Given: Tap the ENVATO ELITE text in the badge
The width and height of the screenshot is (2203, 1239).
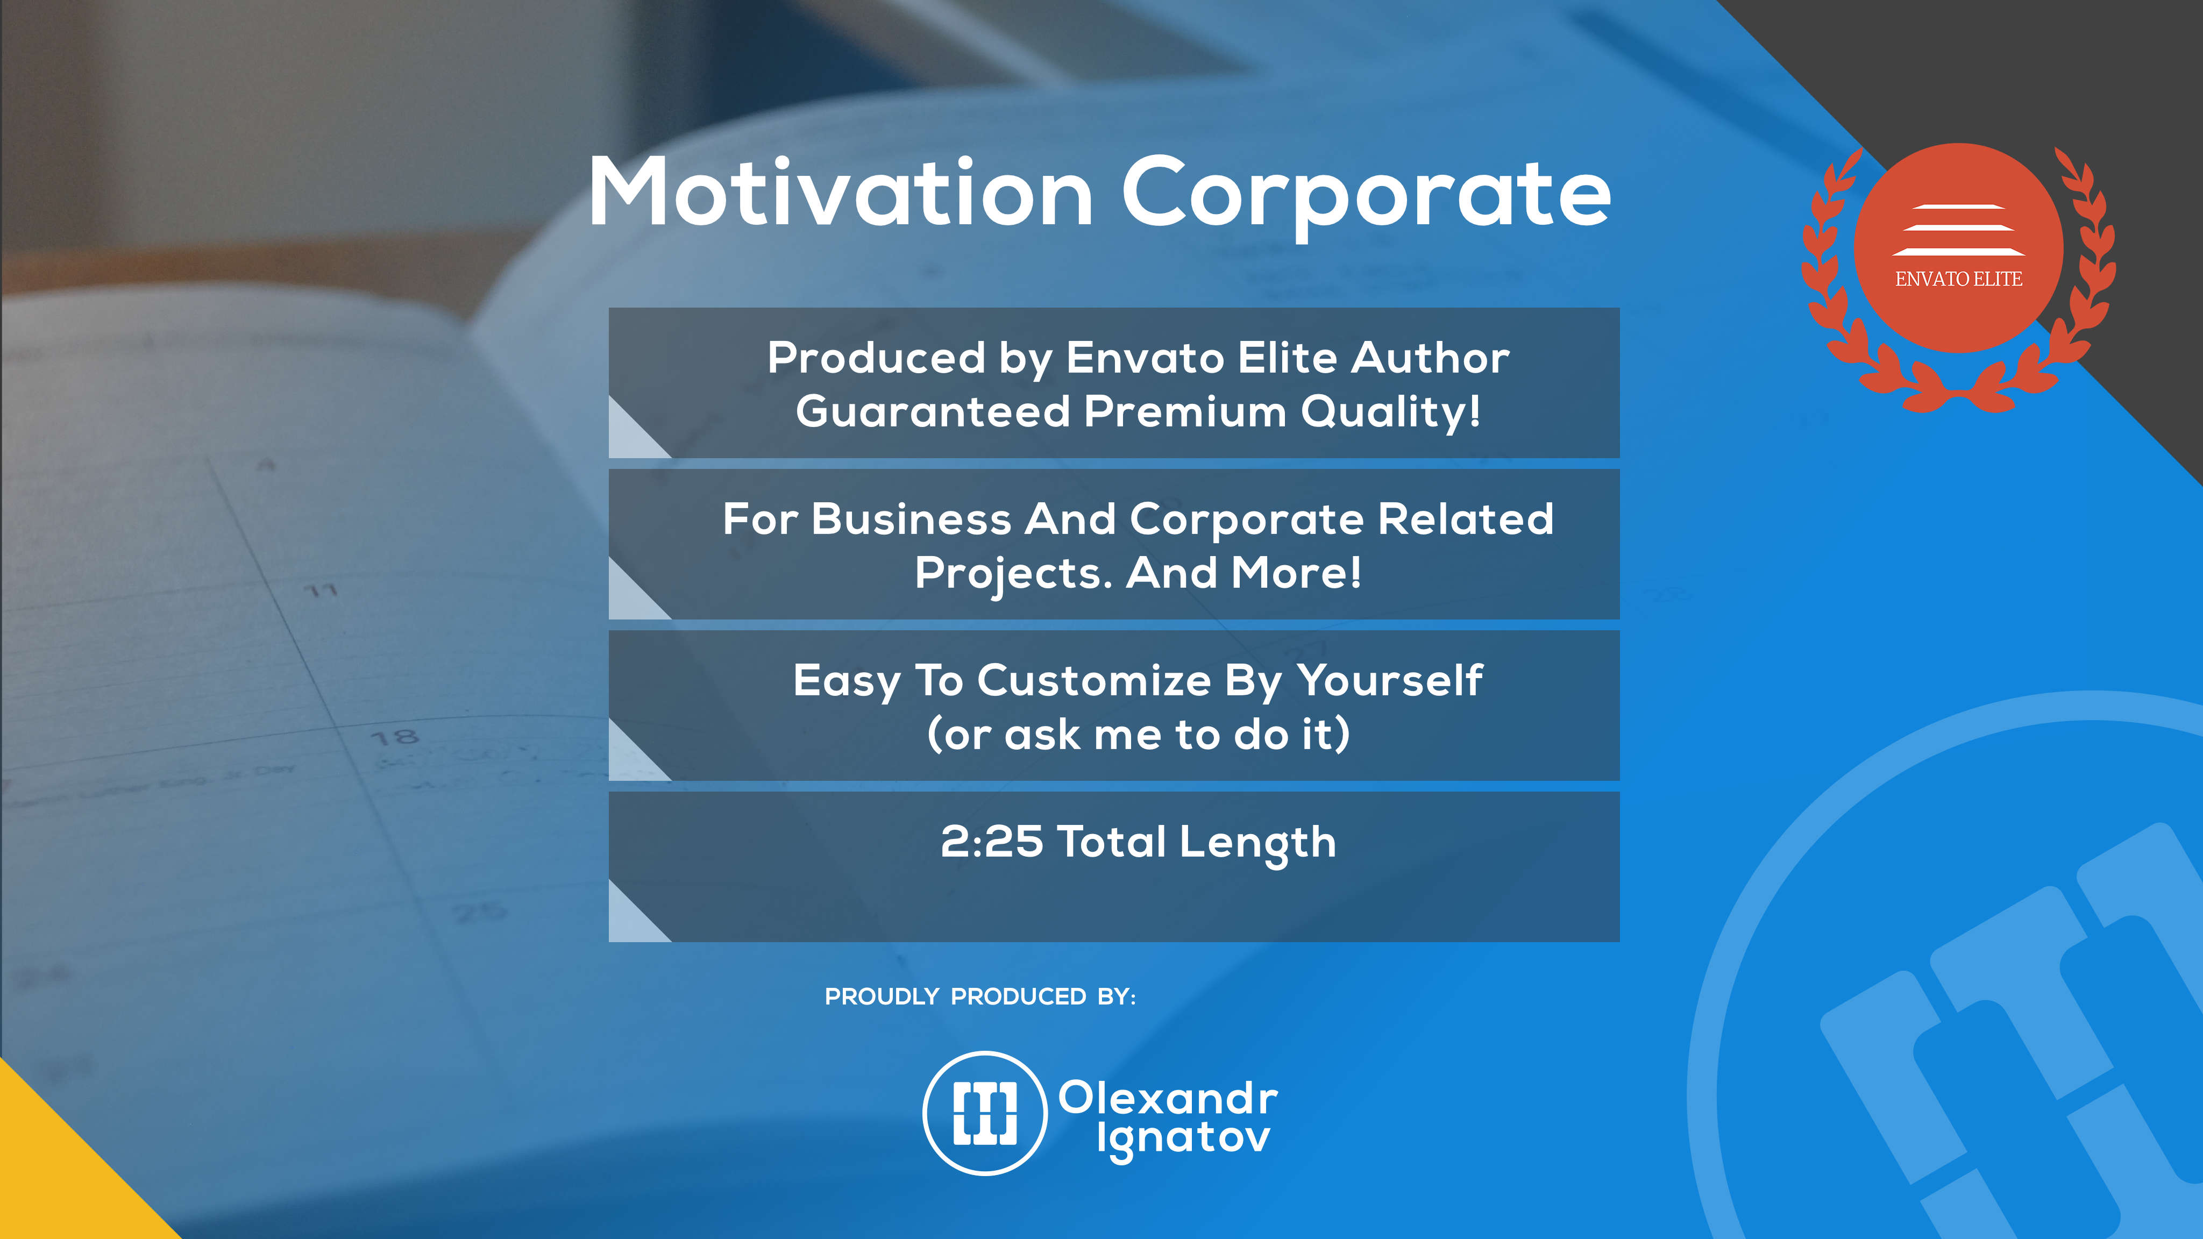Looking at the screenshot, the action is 1958,279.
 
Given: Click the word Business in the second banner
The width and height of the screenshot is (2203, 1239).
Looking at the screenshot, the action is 911,519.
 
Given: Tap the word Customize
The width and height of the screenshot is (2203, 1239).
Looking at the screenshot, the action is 1095,681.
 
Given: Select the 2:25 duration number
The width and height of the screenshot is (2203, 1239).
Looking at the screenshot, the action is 992,842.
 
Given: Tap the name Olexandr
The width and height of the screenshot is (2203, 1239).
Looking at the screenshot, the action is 1168,1098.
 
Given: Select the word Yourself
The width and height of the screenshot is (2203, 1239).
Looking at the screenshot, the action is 1390,681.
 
